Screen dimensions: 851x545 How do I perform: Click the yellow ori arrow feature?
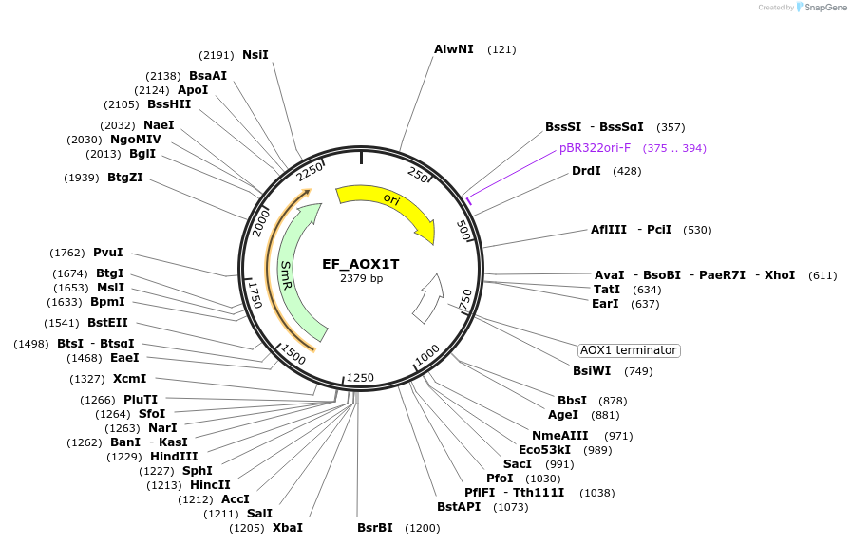pos(392,205)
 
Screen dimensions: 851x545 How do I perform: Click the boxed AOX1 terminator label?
pos(629,350)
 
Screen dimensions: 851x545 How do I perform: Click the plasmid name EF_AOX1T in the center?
pos(361,264)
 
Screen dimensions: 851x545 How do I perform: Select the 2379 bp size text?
pos(362,278)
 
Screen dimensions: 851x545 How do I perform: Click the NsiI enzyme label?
pos(255,55)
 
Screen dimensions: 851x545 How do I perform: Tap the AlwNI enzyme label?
pos(454,49)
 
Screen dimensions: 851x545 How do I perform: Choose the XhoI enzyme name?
pos(780,275)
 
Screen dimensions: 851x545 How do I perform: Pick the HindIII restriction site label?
pos(174,457)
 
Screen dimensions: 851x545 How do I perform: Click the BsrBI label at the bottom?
pos(374,528)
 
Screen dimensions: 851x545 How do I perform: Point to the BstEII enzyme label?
pos(107,323)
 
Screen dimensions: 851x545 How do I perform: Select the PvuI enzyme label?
pos(108,253)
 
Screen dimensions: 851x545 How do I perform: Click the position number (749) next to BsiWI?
pos(638,372)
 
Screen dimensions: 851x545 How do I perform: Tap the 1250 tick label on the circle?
pos(360,377)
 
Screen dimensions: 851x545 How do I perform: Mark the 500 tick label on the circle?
pos(463,230)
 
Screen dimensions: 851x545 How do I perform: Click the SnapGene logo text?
pos(825,7)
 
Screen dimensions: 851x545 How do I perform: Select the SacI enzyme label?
pos(518,464)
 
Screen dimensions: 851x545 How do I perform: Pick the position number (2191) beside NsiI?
pos(216,55)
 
